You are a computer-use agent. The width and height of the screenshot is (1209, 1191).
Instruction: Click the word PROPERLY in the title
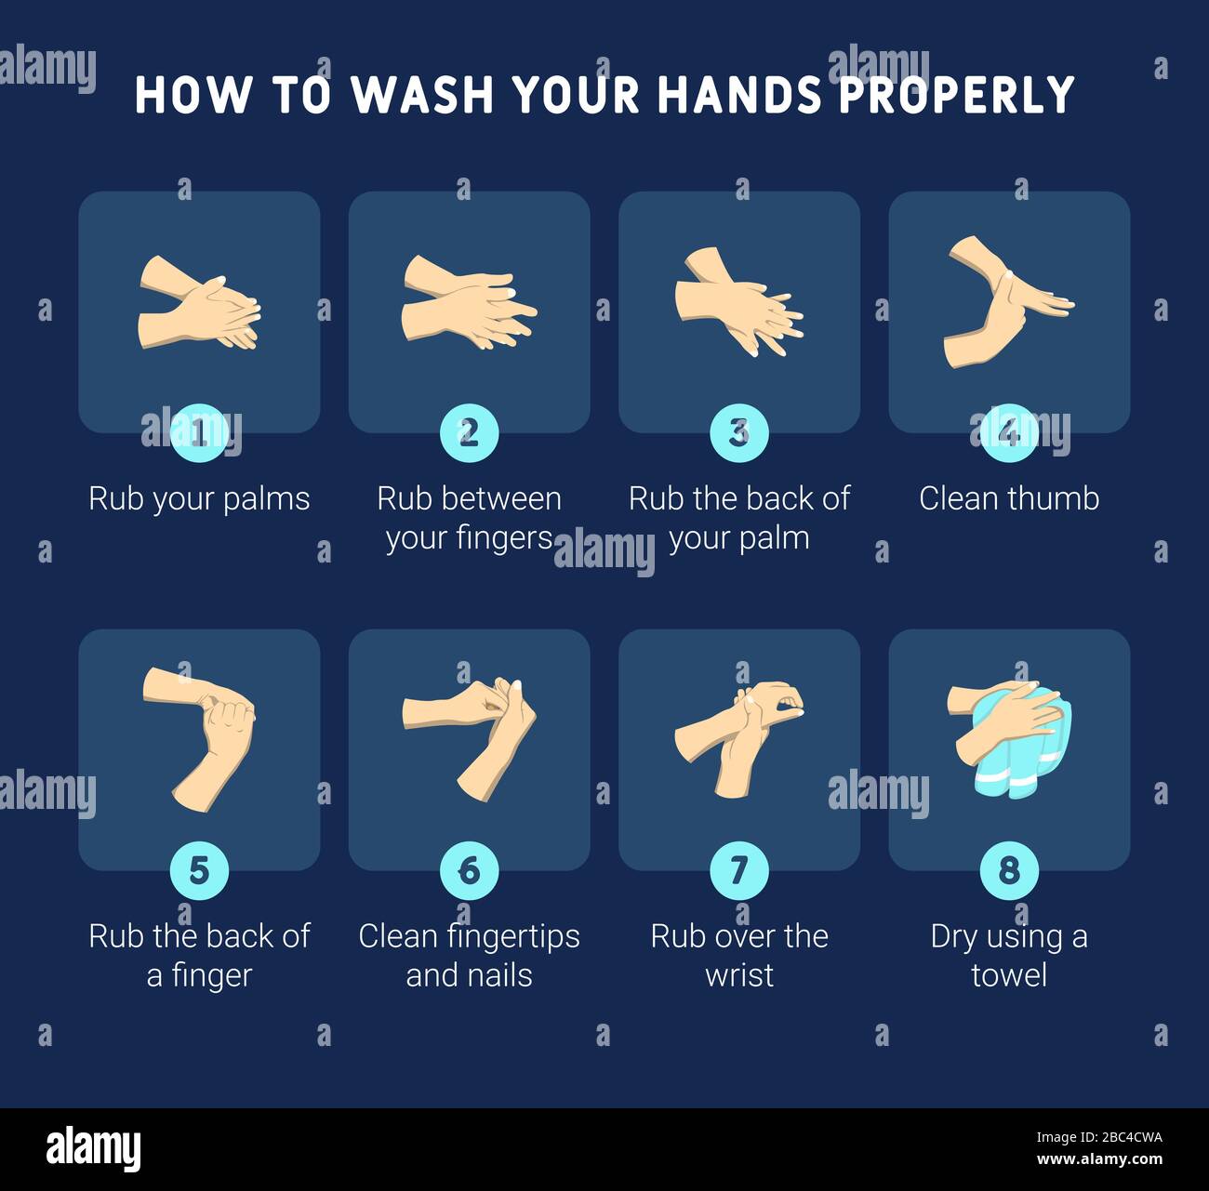click(x=957, y=95)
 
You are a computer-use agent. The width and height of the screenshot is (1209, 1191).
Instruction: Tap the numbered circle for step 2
click(x=469, y=432)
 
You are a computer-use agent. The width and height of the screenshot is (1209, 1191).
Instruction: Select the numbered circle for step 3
click(x=738, y=432)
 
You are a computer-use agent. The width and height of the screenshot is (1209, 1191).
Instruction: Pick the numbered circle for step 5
click(x=199, y=870)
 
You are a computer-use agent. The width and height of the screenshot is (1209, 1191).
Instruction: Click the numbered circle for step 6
click(x=469, y=870)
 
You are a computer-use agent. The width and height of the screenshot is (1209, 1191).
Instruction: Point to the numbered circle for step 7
click(x=738, y=870)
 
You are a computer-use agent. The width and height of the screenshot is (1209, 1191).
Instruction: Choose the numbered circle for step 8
click(x=1009, y=870)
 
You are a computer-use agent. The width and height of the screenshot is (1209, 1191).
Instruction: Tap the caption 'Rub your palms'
click(x=199, y=499)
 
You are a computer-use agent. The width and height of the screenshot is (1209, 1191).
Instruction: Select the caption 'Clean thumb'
click(x=1009, y=499)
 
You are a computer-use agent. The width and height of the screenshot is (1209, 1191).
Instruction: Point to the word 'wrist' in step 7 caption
click(x=738, y=975)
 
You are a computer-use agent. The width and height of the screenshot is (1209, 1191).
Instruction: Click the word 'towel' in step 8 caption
click(x=1009, y=975)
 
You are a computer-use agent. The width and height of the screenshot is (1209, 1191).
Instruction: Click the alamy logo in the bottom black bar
click(x=93, y=1149)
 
